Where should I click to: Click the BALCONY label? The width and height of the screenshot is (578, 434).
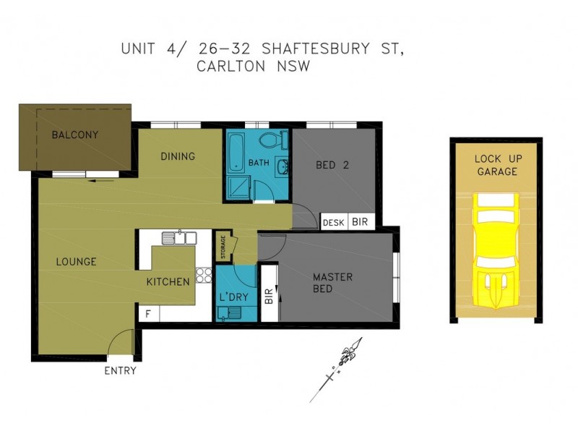[x=75, y=135]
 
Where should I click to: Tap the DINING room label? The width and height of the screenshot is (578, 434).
[x=178, y=156]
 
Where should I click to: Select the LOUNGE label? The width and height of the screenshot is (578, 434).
[x=76, y=262]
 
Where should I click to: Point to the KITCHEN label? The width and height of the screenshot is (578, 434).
[x=168, y=281]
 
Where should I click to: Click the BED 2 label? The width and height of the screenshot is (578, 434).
[x=332, y=165]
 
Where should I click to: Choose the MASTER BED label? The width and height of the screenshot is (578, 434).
[x=332, y=283]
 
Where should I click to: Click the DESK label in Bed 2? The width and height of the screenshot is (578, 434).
[x=333, y=223]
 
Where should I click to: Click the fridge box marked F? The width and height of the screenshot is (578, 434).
[x=148, y=315]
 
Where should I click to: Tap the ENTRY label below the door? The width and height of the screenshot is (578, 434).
[x=120, y=371]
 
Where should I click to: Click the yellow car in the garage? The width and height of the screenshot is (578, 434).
[x=495, y=250]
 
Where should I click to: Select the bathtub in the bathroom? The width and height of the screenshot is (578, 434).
[x=236, y=152]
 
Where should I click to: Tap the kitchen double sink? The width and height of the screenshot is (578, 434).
[x=178, y=237]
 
